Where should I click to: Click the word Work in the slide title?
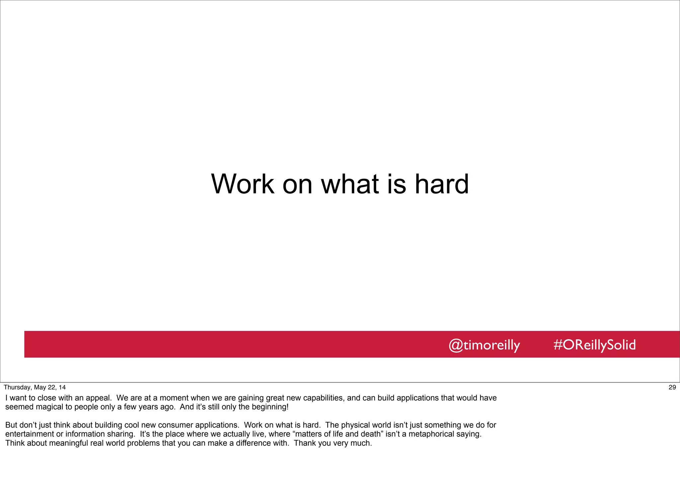coord(243,184)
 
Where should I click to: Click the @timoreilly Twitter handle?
coord(484,345)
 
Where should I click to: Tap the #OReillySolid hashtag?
coord(594,345)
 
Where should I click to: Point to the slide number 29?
coord(672,387)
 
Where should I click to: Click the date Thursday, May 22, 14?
coord(35,387)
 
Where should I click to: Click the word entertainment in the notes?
coord(30,434)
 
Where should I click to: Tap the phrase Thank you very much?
coord(333,443)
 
